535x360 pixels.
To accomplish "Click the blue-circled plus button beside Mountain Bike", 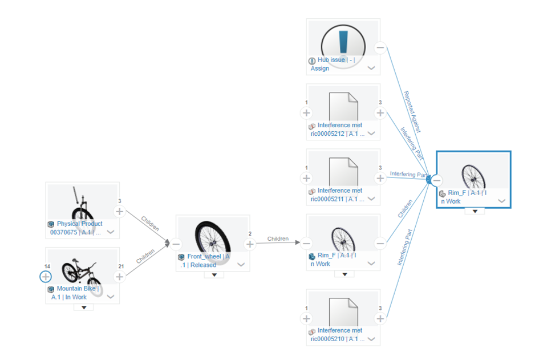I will pos(46,277).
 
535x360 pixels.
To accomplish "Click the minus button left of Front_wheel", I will pos(176,244).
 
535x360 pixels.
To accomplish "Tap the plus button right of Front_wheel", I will pos(249,244).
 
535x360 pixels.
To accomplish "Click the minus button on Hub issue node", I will pos(380,48).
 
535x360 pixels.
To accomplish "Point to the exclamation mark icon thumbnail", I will pos(343,43).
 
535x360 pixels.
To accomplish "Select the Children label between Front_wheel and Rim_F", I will pos(278,238).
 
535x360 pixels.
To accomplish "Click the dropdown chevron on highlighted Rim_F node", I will pos(502,201).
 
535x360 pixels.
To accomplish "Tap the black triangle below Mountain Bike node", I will pos(84,308).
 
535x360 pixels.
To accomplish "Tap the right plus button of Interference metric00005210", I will pos(380,318).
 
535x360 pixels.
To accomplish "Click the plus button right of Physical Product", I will pos(119,212).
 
